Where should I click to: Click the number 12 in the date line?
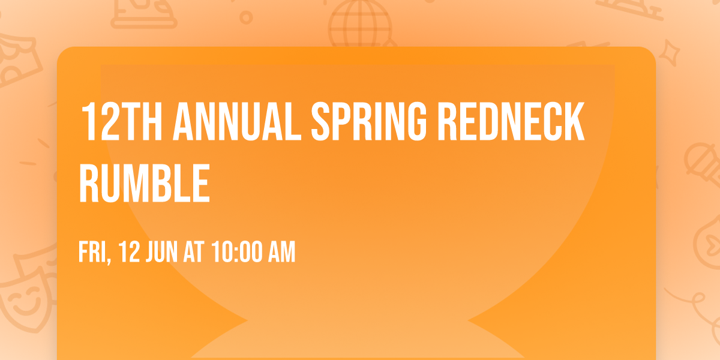point(128,252)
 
